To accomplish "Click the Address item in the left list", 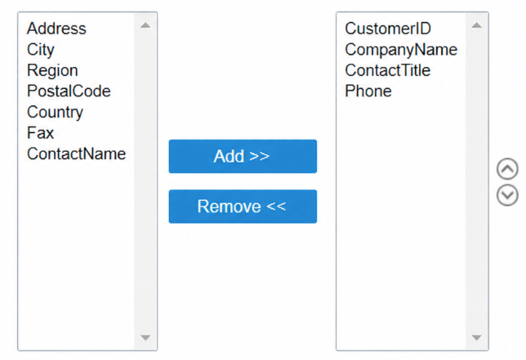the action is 56,29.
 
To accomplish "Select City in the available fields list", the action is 41,50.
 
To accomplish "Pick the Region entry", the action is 52,71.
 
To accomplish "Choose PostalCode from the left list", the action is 69,91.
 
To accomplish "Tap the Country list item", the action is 55,113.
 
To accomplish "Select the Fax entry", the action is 40,133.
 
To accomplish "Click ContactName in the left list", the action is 77,153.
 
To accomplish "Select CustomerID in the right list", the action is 388,29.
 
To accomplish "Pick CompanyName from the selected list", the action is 401,50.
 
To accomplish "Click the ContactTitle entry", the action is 387,70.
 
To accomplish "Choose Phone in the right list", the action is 368,91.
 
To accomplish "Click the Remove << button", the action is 243,207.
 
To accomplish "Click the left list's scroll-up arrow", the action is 145,25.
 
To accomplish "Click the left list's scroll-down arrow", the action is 145,337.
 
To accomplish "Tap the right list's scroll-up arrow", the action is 477,25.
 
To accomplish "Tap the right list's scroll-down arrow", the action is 477,337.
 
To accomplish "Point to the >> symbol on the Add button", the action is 259,156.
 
